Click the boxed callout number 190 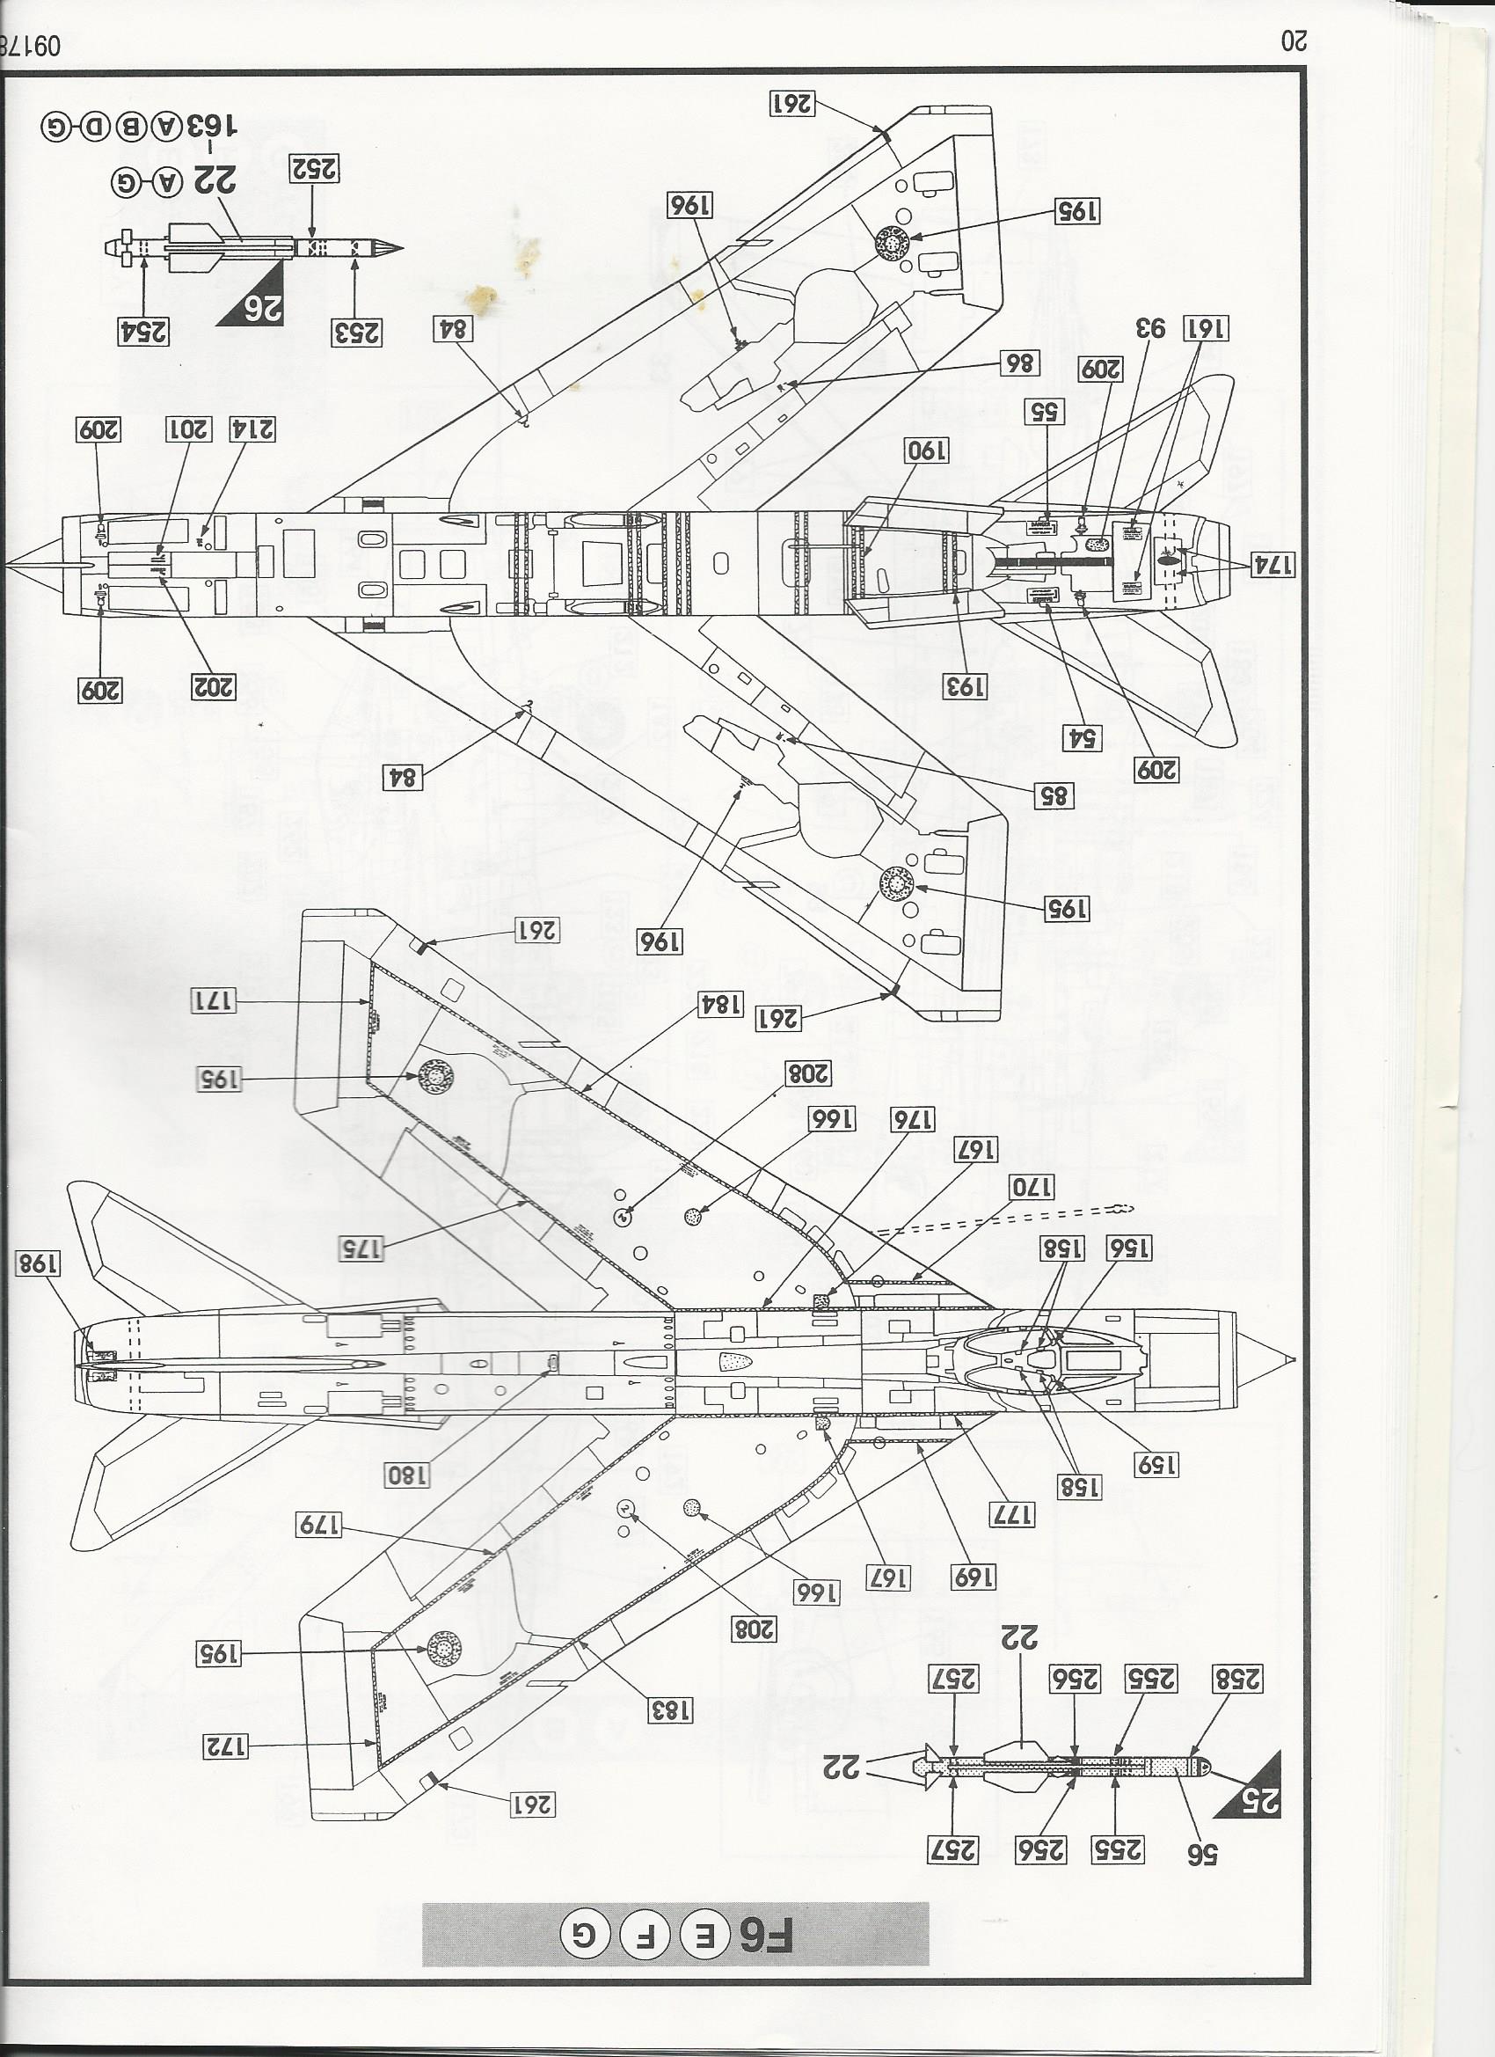pos(925,451)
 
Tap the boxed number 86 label pos(1019,363)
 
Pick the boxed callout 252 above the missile pos(314,169)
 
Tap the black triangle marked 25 pos(1260,1783)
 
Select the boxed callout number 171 pos(214,1001)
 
